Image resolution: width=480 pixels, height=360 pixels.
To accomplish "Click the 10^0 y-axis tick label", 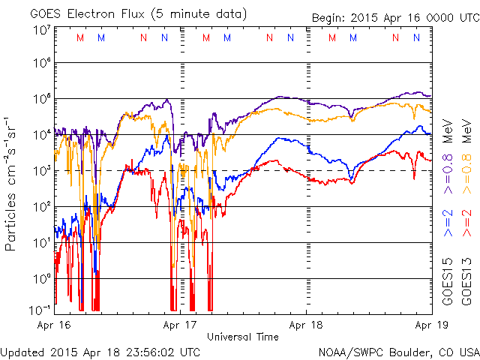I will (x=41, y=278).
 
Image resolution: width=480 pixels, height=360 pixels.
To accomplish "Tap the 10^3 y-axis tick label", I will (x=41, y=170).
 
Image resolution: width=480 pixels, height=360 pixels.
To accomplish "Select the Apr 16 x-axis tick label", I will (x=54, y=325).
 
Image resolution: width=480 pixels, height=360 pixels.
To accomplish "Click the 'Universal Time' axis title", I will (x=242, y=337).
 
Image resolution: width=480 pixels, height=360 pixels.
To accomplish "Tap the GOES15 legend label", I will (x=448, y=281).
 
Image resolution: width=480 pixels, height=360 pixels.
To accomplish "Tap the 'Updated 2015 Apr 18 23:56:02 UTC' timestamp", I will (x=100, y=351).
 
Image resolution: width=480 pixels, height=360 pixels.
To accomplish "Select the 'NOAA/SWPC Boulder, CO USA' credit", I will (x=398, y=351).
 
